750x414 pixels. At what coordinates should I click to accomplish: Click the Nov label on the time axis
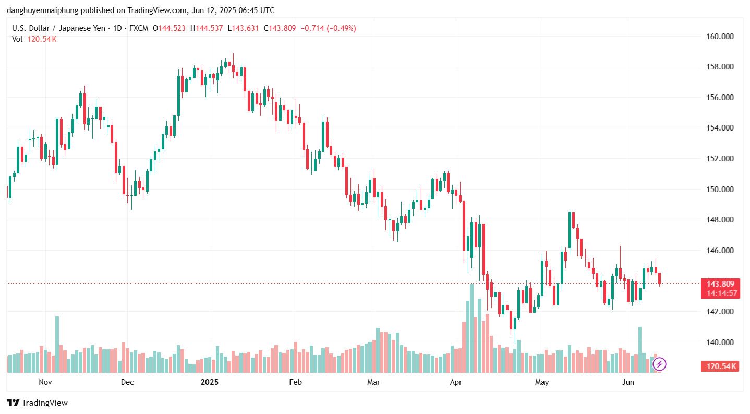(46, 382)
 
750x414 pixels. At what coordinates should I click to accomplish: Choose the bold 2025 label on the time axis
(210, 382)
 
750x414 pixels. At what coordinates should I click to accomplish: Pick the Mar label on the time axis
(373, 382)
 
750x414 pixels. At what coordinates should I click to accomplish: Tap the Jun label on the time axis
(628, 382)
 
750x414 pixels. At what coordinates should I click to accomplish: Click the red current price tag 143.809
(720, 284)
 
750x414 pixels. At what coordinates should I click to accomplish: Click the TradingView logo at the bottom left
(38, 403)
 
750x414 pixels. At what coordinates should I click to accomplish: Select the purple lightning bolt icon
(659, 364)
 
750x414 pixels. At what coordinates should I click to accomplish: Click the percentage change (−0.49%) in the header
(341, 28)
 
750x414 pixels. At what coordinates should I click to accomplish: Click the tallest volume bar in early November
(57, 344)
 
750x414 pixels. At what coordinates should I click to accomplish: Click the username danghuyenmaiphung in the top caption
(42, 10)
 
